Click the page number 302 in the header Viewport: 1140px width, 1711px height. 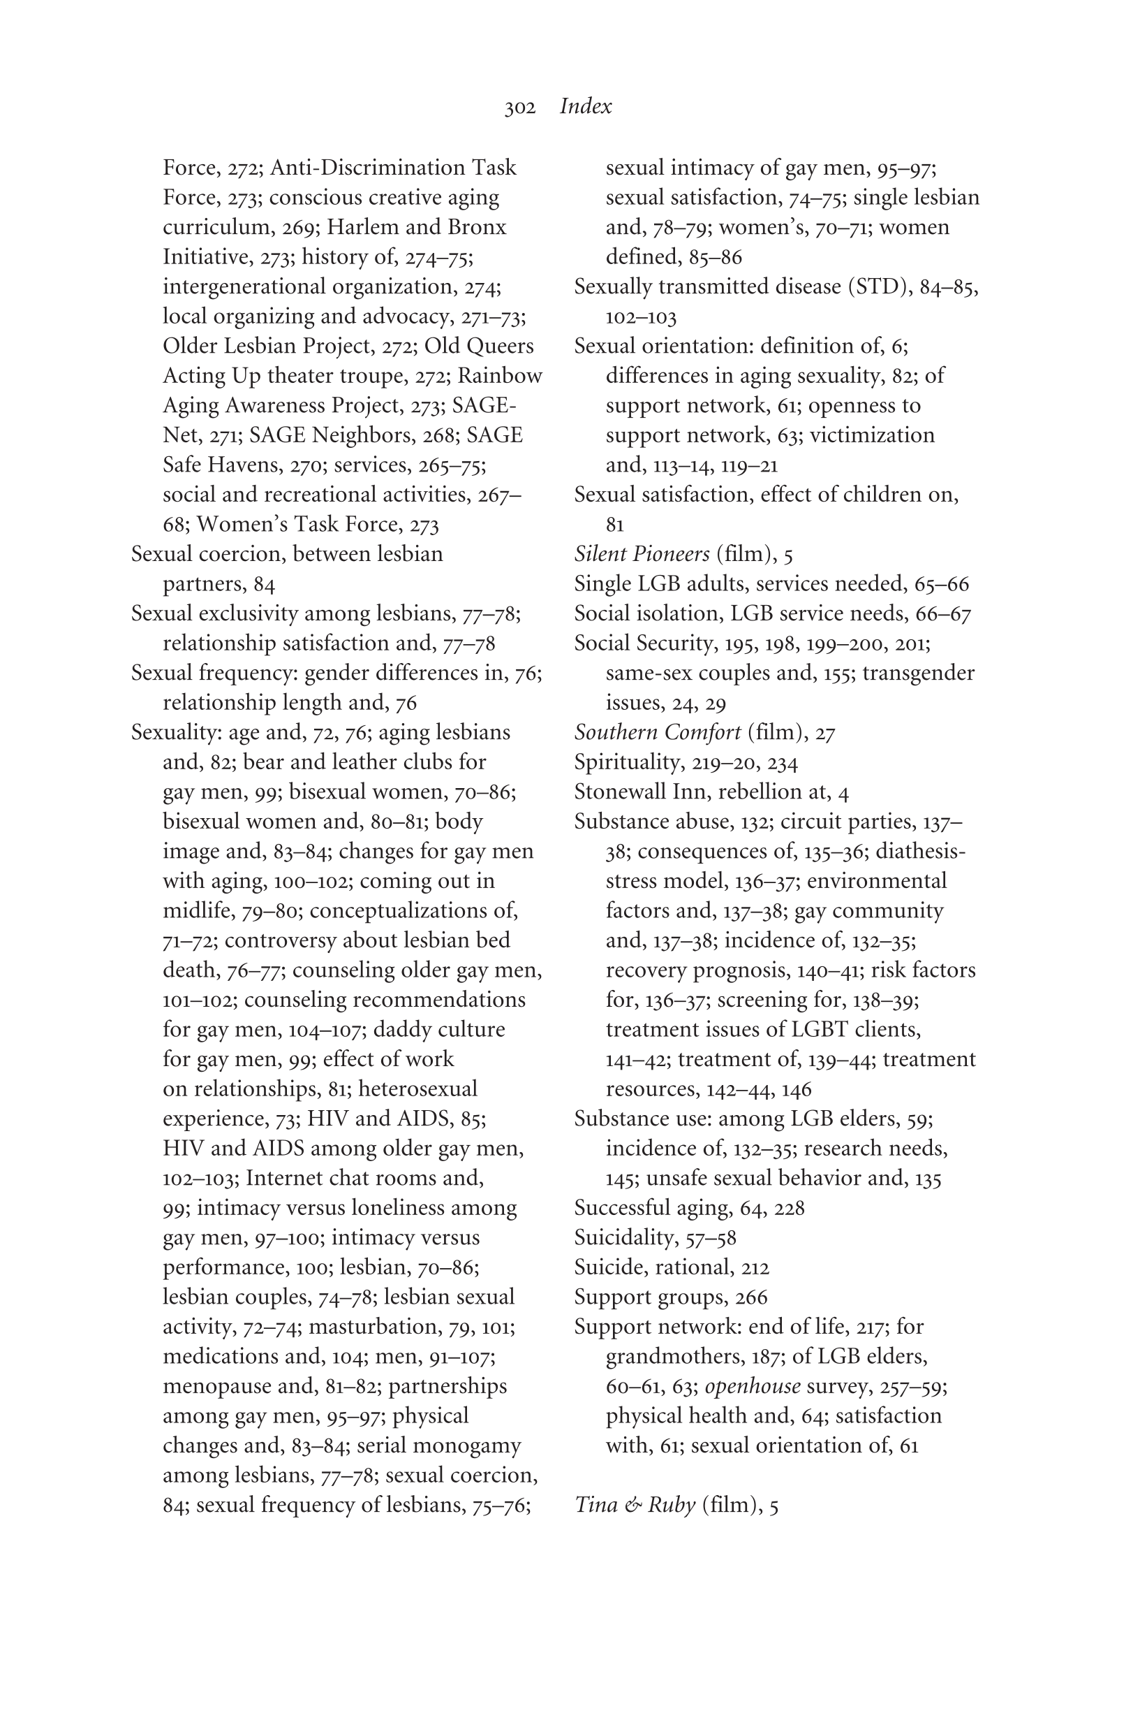coord(520,108)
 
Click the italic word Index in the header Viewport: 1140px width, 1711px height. coord(585,106)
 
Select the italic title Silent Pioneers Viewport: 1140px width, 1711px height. coord(642,553)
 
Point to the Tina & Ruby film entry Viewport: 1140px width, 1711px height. coord(676,1504)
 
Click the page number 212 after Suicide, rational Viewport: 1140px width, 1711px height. coord(755,1268)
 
